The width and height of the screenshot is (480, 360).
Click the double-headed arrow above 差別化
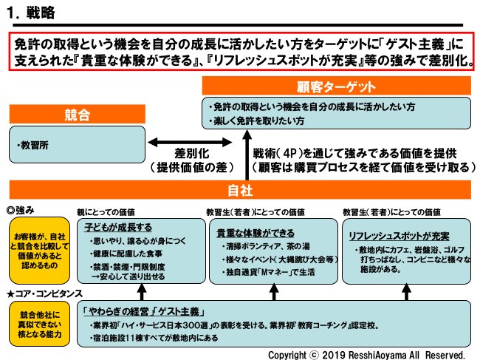(x=174, y=140)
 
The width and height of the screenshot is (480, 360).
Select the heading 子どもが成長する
(x=118, y=227)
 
